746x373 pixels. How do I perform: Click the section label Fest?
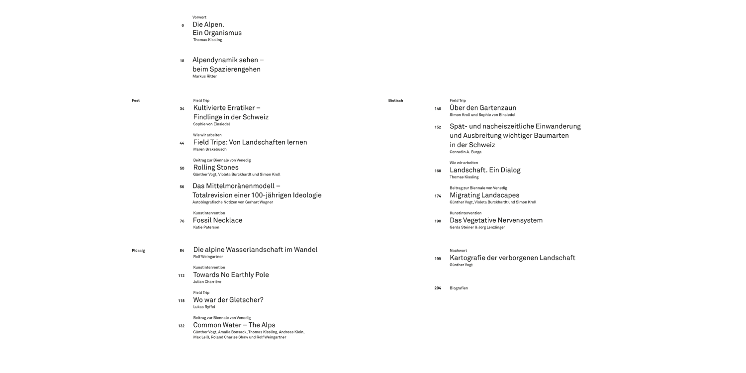(x=136, y=100)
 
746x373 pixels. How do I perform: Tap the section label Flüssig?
(x=138, y=251)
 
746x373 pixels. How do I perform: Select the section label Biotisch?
(x=395, y=100)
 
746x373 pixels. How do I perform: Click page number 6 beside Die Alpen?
(x=183, y=25)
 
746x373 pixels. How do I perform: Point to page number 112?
(x=181, y=276)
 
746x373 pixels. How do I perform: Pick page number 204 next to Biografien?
(x=438, y=288)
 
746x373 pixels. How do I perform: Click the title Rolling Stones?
(x=216, y=168)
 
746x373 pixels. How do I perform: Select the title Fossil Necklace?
(x=217, y=220)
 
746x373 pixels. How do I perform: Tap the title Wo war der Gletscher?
(x=228, y=300)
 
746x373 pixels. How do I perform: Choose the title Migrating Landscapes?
(x=484, y=195)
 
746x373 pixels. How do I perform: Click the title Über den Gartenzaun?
(x=483, y=108)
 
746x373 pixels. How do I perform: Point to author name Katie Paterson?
(x=206, y=227)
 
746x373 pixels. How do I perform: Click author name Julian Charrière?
(x=207, y=282)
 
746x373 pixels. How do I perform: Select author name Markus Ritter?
(x=204, y=76)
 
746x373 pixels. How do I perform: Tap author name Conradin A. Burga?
(x=466, y=152)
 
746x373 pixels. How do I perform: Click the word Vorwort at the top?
(x=199, y=17)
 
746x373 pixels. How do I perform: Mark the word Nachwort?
(x=458, y=251)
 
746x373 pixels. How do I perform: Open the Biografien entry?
(x=459, y=288)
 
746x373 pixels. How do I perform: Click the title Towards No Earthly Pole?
(x=231, y=275)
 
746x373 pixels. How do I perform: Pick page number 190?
(x=438, y=221)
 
